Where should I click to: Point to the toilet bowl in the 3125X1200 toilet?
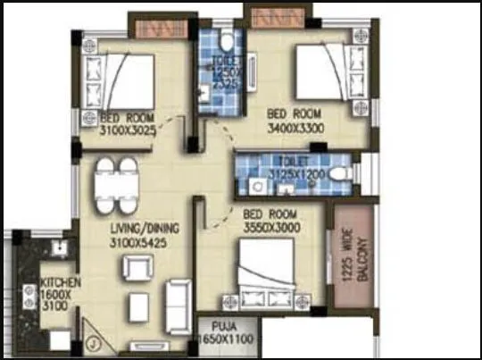click(x=340, y=174)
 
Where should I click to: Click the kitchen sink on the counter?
click(x=59, y=247)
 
